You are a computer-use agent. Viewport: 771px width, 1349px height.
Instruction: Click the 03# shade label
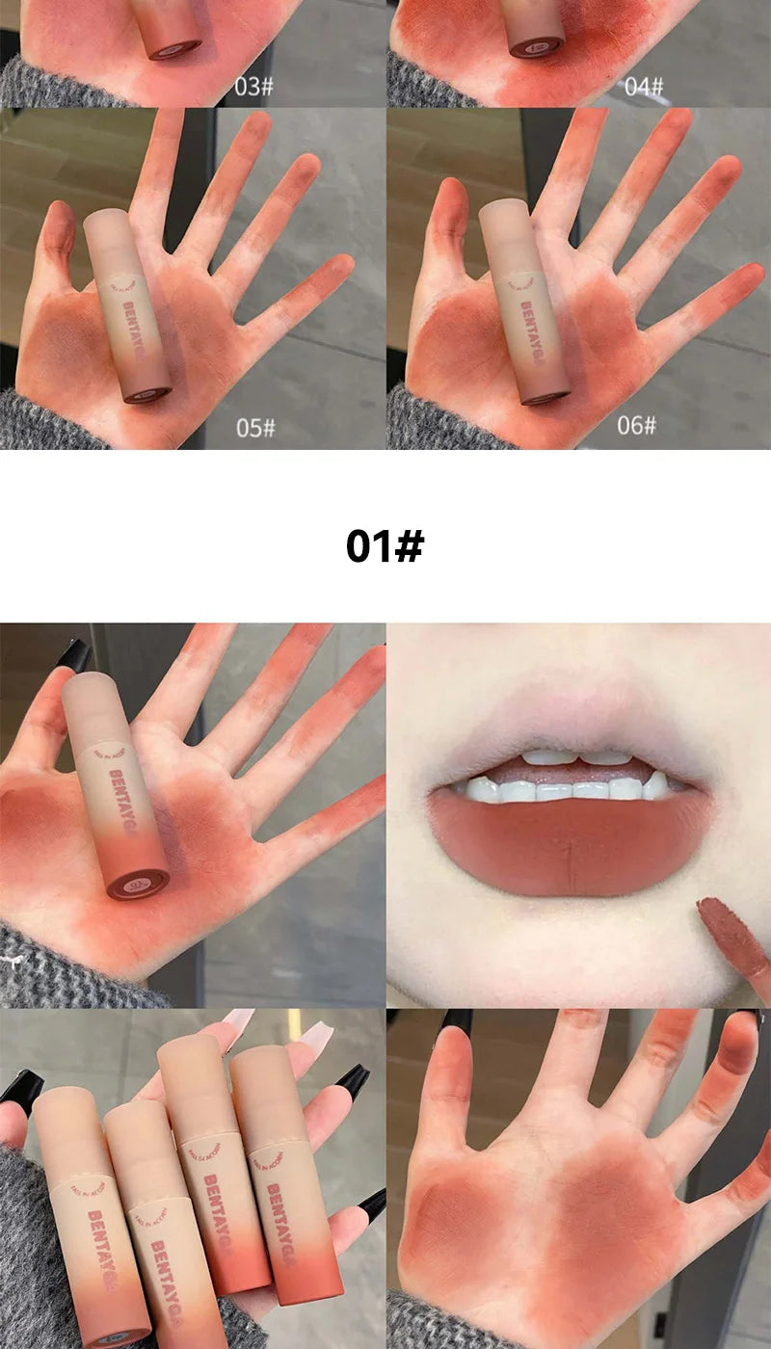(253, 87)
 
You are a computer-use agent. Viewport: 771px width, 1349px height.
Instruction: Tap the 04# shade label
(643, 87)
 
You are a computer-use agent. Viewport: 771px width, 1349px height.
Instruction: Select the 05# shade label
(255, 427)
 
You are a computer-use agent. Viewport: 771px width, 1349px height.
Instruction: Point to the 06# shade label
(636, 425)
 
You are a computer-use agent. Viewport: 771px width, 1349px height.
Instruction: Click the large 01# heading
(385, 545)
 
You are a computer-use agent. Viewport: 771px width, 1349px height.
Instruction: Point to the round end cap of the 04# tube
(536, 46)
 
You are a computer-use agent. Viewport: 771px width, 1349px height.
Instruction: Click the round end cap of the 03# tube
(174, 46)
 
